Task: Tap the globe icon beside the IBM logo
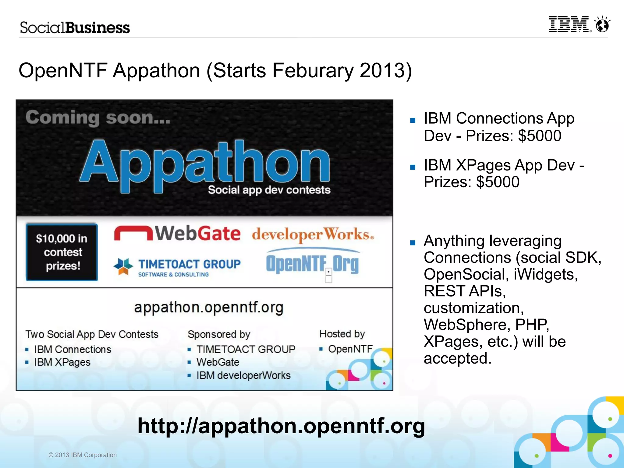tap(602, 24)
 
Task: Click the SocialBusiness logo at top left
tap(75, 28)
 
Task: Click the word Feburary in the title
tap(313, 71)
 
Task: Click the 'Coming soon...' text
tap(98, 118)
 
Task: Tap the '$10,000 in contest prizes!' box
tap(62, 252)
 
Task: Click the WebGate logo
tap(177, 234)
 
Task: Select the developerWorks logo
tap(313, 235)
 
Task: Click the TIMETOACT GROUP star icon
tap(123, 266)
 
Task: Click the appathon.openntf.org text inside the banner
tap(209, 308)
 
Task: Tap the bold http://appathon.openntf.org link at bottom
tap(281, 426)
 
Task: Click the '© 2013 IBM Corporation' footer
tap(83, 455)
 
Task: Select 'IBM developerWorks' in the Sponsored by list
tap(243, 375)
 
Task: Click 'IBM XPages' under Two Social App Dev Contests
tap(62, 362)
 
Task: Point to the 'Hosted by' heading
tap(342, 334)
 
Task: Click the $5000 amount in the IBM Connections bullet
tap(539, 136)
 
